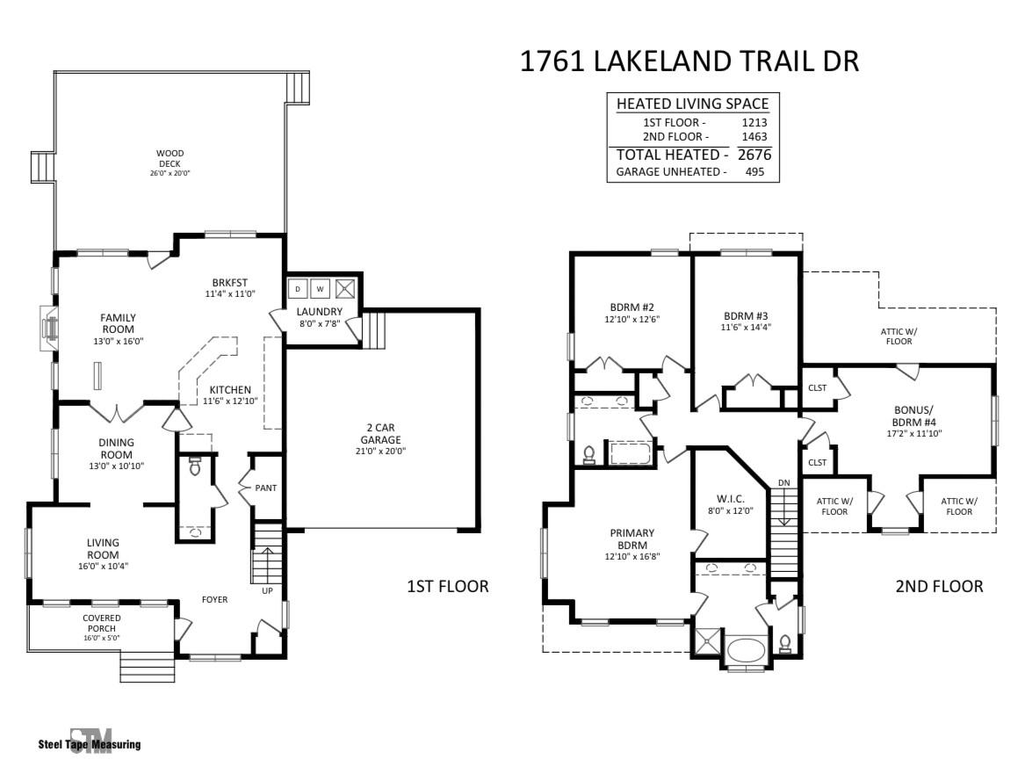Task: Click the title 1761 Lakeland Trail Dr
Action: pos(689,61)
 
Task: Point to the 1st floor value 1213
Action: pos(754,122)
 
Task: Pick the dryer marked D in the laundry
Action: pos(297,288)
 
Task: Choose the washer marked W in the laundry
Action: pos(320,288)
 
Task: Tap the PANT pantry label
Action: pos(266,488)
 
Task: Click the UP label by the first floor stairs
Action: pos(267,590)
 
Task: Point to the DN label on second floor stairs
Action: pos(784,483)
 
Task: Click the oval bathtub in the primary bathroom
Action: pos(746,651)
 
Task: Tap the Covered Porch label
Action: pos(102,623)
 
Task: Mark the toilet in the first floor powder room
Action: pos(195,466)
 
